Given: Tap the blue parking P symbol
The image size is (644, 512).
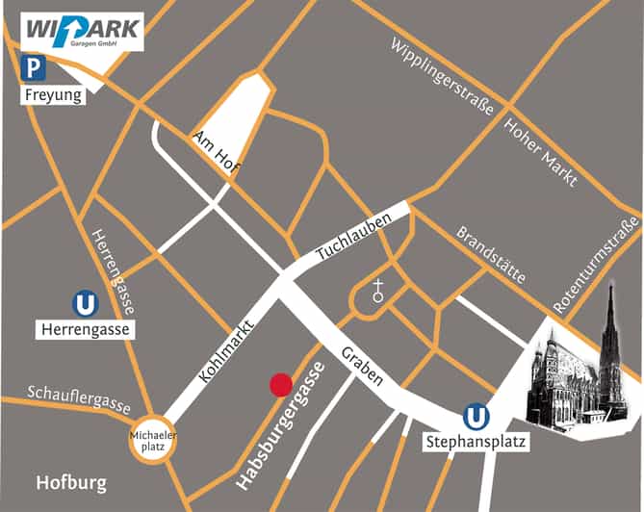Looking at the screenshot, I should (x=35, y=68).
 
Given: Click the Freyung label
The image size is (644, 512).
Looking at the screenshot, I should (x=52, y=95).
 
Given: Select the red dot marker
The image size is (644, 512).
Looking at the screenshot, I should (x=280, y=385).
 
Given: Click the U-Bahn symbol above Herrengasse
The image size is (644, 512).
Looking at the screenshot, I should (x=86, y=304).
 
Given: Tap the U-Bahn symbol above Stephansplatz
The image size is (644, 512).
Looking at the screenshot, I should (x=475, y=417).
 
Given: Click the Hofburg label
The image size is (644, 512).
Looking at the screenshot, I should (x=71, y=482).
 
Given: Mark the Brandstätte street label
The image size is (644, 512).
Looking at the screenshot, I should (x=491, y=254).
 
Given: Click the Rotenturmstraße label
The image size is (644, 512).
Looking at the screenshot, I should (x=596, y=265).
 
